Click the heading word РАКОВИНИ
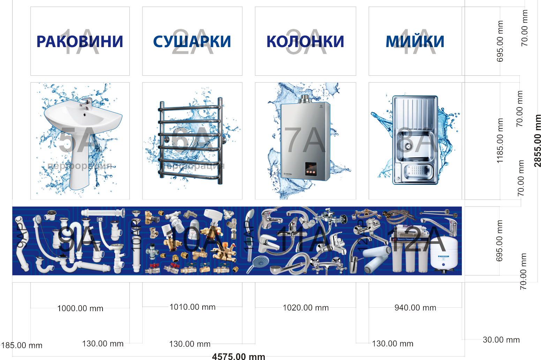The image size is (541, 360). (80, 42)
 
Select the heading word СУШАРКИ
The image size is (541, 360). (192, 42)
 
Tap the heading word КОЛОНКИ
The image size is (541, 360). (305, 42)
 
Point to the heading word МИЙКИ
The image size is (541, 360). (415, 42)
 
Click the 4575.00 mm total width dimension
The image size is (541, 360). (239, 356)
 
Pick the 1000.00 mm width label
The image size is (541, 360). (80, 308)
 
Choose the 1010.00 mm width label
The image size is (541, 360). (193, 307)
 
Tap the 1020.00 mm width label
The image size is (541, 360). (306, 308)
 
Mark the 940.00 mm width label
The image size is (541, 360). (415, 308)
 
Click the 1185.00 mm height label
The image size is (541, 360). (500, 141)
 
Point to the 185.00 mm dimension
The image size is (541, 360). (22, 345)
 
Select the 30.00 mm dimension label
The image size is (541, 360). (501, 340)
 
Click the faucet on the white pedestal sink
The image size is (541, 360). (86, 104)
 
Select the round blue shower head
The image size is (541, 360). (260, 261)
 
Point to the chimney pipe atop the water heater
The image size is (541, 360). (305, 99)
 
